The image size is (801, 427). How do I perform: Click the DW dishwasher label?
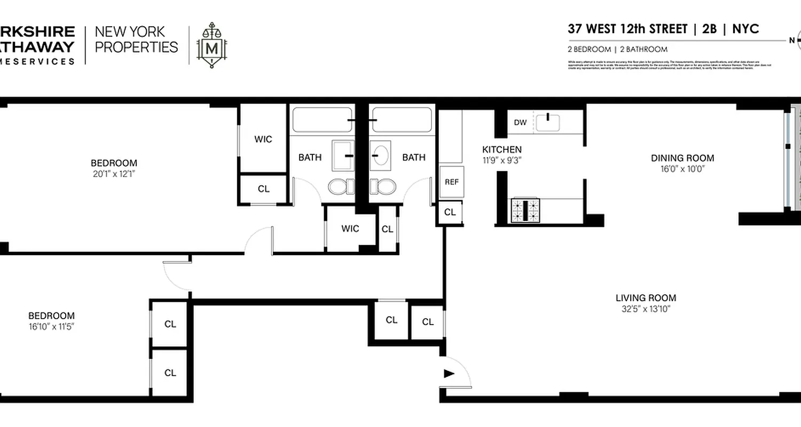tap(520, 123)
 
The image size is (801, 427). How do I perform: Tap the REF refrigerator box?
tap(451, 181)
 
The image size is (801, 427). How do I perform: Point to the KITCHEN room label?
tap(501, 149)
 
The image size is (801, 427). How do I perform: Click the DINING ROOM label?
tap(682, 158)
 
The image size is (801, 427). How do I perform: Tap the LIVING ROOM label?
tap(646, 298)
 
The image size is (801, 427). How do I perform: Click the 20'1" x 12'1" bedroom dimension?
tap(114, 173)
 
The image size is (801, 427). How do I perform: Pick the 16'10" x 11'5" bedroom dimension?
tap(51, 326)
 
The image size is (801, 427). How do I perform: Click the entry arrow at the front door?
tap(449, 374)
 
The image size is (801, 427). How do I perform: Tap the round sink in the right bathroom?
tap(380, 155)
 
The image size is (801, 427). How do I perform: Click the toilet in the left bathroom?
tap(341, 187)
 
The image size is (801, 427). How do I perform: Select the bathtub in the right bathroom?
tap(402, 121)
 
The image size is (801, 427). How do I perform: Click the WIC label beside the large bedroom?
tap(263, 139)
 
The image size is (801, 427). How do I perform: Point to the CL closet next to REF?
tap(450, 212)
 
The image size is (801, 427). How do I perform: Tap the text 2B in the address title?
tap(710, 29)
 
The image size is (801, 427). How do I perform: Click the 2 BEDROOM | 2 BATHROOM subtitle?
tap(617, 49)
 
